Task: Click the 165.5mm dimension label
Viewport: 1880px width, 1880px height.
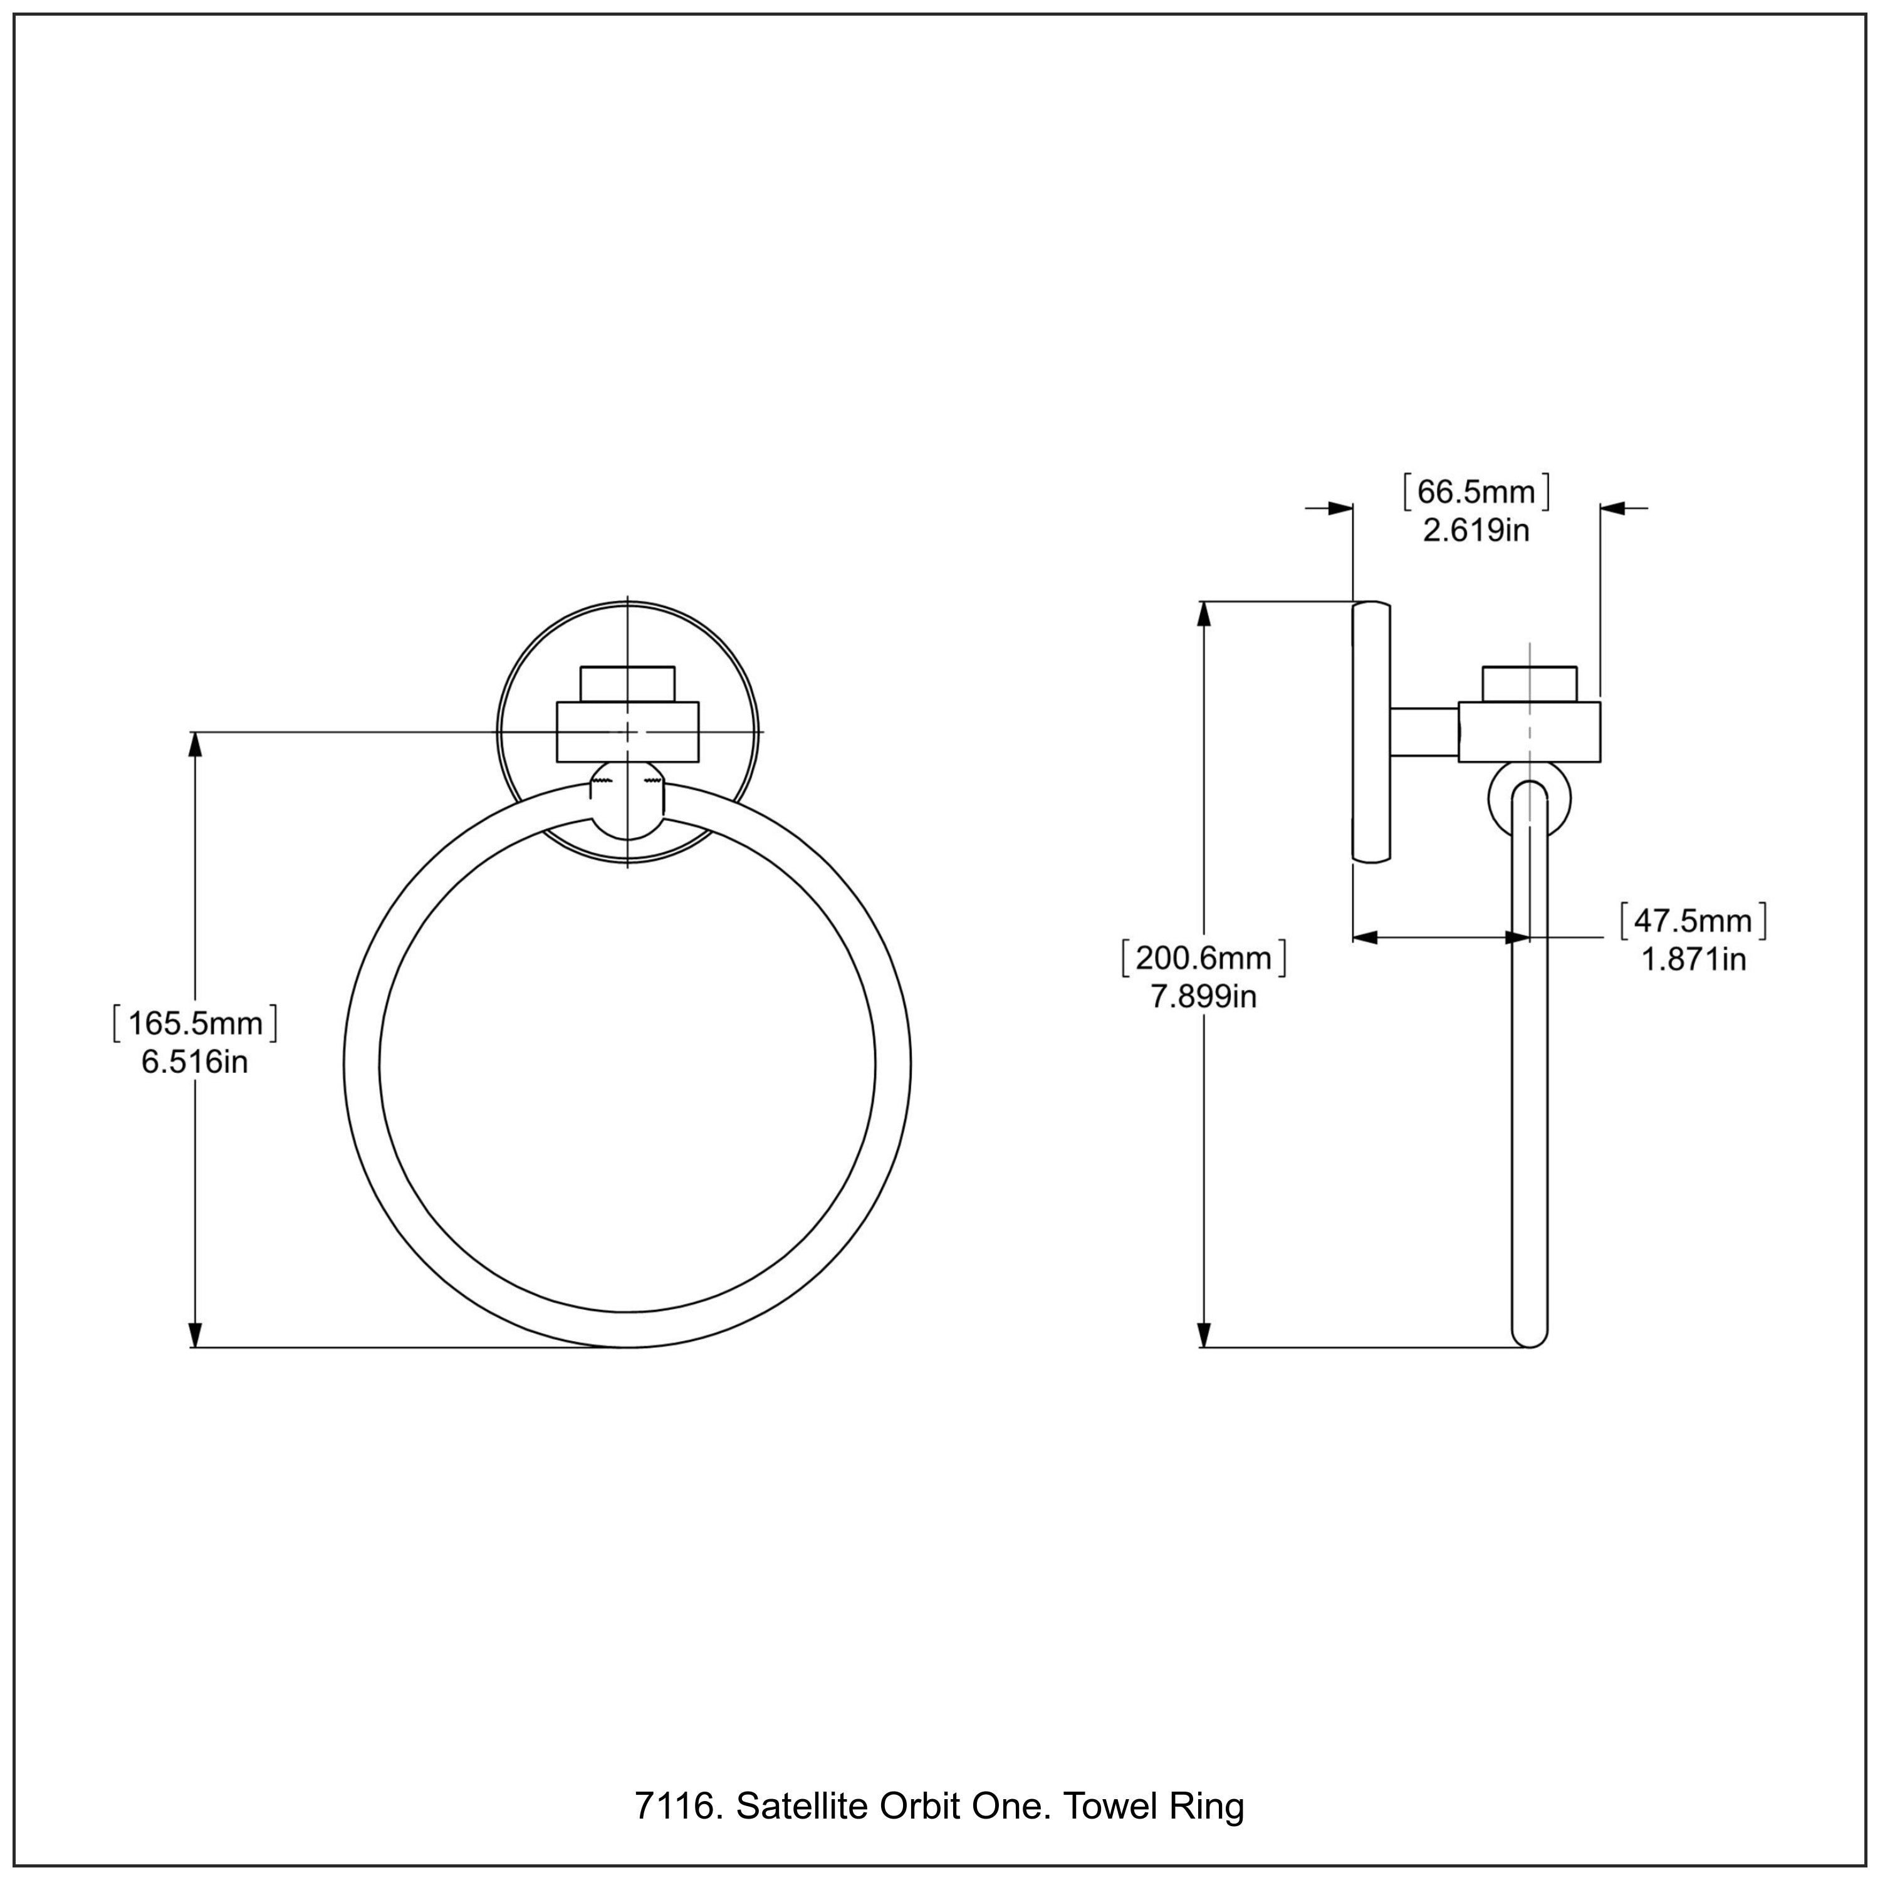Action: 196,1023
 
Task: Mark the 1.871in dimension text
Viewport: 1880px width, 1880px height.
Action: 1694,959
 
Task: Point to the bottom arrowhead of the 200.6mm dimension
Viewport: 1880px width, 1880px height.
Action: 1204,1334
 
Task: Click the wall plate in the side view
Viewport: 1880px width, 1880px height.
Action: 1371,732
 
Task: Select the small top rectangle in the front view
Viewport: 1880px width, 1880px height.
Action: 628,683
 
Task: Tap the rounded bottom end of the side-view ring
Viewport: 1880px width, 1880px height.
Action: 1530,1338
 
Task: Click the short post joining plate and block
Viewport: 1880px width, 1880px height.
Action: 1424,732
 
